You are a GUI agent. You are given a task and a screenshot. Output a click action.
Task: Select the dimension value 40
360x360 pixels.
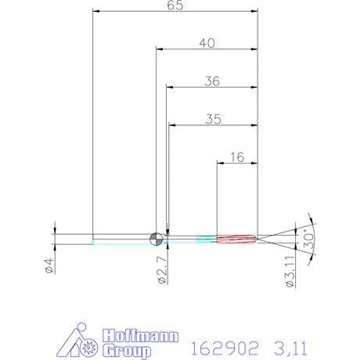207,44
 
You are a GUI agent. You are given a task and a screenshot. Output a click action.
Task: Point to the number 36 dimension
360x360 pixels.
212,81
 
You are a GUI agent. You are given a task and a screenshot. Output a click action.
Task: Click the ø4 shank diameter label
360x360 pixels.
49,265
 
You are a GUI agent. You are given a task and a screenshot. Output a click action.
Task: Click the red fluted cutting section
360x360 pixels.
236,237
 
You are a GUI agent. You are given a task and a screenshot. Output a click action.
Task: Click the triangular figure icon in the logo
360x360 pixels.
78,340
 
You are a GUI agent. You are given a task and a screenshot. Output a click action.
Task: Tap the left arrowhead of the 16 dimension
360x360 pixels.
220,164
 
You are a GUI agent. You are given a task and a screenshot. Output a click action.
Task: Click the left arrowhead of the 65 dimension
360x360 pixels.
96,11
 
